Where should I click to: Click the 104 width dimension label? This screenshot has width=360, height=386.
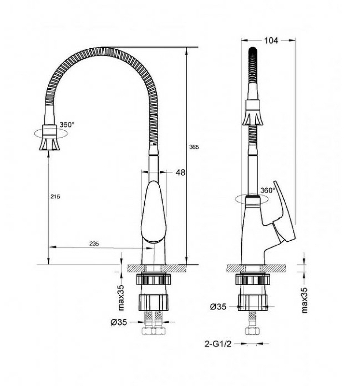271,41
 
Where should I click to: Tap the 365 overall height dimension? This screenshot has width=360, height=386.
194,147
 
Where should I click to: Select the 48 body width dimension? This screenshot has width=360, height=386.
180,172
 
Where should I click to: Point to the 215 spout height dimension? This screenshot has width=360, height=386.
55,196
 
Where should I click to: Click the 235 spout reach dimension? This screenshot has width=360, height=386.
94,244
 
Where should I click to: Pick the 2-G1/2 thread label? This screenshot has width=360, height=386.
218,344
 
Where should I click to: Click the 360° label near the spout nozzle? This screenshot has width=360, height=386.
67,124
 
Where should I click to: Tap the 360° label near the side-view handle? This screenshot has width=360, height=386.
268,190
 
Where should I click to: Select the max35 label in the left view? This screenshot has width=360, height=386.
121,298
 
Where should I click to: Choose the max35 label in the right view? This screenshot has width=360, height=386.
305,300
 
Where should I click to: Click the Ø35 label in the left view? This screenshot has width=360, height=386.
119,322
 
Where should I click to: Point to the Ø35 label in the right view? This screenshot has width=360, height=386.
218,307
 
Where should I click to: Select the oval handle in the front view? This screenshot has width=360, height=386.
153,212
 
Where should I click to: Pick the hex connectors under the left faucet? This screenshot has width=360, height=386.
153,330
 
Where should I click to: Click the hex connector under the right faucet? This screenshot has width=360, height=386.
252,330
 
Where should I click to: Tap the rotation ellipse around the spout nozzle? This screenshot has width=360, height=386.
51,134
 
